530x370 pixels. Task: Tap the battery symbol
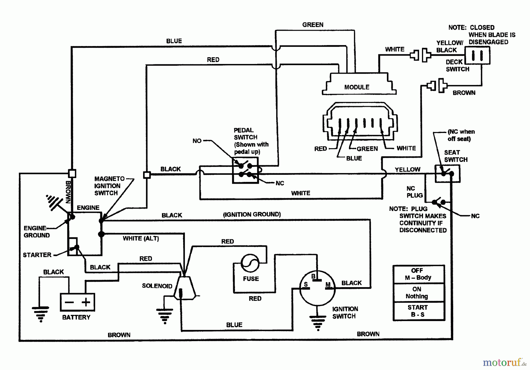tap(77, 302)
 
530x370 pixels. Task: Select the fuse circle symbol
tap(250, 263)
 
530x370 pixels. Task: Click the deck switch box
tap(477, 55)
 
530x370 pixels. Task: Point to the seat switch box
tap(447, 174)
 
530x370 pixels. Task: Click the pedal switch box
tap(245, 170)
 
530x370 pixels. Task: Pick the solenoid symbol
tap(185, 287)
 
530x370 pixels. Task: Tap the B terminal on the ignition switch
tap(314, 276)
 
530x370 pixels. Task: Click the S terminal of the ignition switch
tap(306, 285)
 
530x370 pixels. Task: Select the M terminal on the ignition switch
tap(328, 285)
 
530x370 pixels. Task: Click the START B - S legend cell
tap(418, 311)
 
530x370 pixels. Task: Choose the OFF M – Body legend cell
tap(418, 274)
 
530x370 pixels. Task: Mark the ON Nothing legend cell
tap(418, 292)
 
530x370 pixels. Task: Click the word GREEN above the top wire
tap(313, 25)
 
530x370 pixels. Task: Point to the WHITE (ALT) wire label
tap(141, 238)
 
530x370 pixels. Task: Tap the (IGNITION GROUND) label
tap(252, 214)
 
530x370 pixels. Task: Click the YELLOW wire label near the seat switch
tap(408, 170)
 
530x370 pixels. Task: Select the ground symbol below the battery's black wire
tap(40, 314)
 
